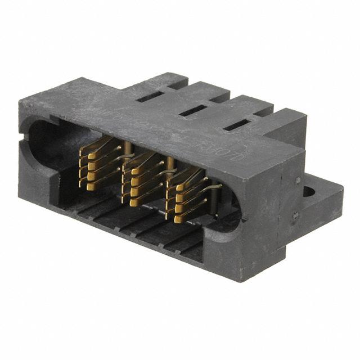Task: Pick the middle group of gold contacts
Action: (143, 179)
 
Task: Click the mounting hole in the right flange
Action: (309, 190)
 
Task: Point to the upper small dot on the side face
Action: (298, 181)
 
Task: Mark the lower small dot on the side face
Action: (295, 215)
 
